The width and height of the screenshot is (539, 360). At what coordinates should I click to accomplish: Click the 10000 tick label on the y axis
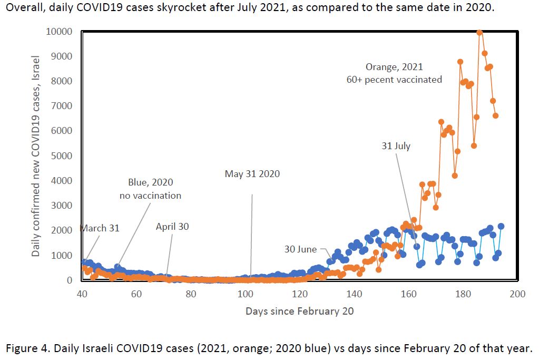click(x=58, y=31)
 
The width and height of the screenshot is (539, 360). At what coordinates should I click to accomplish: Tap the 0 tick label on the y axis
click(x=69, y=280)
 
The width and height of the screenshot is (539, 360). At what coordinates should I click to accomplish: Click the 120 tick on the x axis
click(x=300, y=294)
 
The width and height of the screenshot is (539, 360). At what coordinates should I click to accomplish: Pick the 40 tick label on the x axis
click(x=82, y=294)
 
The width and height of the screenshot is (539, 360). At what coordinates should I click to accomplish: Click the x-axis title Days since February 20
click(x=299, y=311)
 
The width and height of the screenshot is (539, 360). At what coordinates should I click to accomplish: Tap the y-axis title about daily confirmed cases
click(x=36, y=155)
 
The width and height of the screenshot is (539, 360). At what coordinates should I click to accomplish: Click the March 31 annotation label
click(x=100, y=228)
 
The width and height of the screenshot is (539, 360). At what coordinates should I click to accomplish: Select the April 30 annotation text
click(x=172, y=227)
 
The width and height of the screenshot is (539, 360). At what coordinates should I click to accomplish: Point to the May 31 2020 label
click(x=252, y=173)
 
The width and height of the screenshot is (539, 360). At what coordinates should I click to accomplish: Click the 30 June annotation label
click(x=300, y=249)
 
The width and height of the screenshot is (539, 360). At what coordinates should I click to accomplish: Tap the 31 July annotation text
click(x=396, y=146)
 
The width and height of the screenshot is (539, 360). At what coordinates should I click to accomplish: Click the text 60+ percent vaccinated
click(x=394, y=80)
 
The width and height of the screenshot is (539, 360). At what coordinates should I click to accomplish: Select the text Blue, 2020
click(x=150, y=182)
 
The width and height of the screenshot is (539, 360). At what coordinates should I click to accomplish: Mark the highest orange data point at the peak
click(x=479, y=32)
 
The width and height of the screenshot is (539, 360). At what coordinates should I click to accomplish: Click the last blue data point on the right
click(x=501, y=226)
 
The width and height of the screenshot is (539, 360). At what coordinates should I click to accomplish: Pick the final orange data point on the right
click(x=496, y=115)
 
